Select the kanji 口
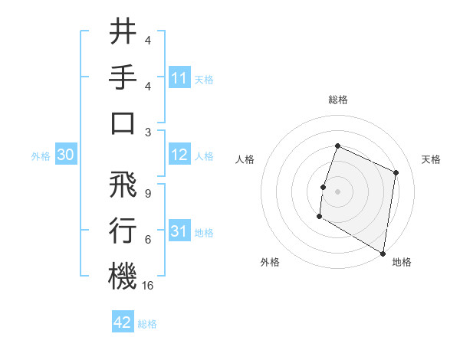coord(123,123)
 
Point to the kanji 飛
coord(123,184)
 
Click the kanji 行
coord(123,230)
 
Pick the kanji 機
coord(123,275)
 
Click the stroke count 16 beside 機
coord(149,286)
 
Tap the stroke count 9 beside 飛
coord(147,193)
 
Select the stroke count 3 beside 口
coord(147,132)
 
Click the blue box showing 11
coord(179,78)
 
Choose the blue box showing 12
coord(179,155)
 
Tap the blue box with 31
coord(179,232)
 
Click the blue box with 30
coord(65,155)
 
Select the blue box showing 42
coord(123,322)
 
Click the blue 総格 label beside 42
coord(147,323)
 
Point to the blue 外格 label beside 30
coord(41,156)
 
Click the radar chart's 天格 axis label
coord(431,159)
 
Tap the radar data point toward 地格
coord(383,253)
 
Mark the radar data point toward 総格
coord(337,146)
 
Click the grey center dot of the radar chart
coord(337,191)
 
